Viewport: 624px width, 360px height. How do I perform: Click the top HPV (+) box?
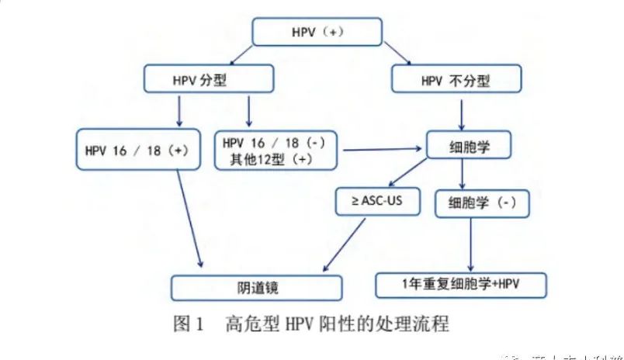pyautogui.click(x=317, y=33)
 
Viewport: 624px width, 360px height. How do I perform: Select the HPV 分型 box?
pyautogui.click(x=208, y=80)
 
